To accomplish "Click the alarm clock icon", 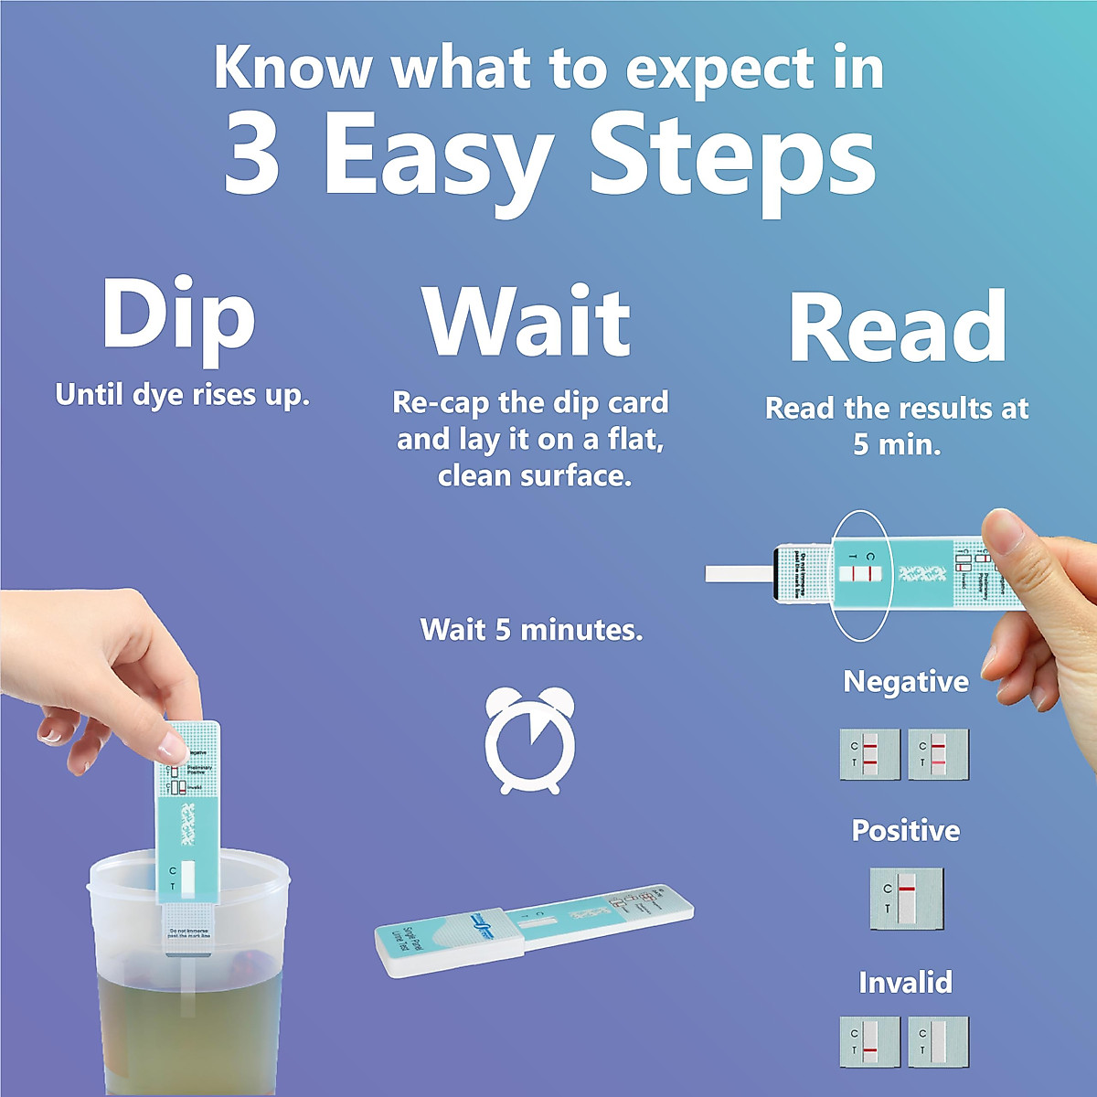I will point(530,740).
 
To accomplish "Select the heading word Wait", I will point(527,322).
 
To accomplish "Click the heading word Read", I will point(898,326).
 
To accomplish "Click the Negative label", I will point(905,681).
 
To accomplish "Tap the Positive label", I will point(905,830).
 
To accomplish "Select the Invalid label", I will point(905,982).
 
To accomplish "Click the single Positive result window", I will point(905,898).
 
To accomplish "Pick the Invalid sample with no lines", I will point(938,1042).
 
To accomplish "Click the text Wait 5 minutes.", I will point(531,629).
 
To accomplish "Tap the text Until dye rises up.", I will point(183,395).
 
